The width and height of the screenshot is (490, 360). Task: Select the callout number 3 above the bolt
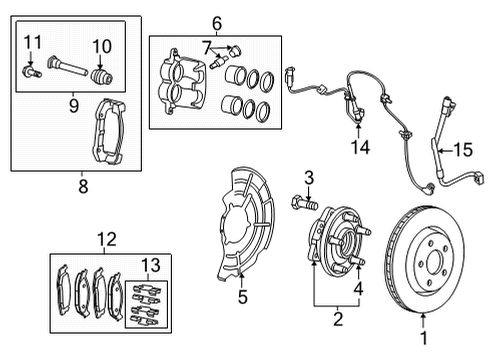308,177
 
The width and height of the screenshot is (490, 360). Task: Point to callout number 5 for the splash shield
242,296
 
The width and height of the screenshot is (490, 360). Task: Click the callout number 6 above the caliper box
215,20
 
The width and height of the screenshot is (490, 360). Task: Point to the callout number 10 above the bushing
100,46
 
